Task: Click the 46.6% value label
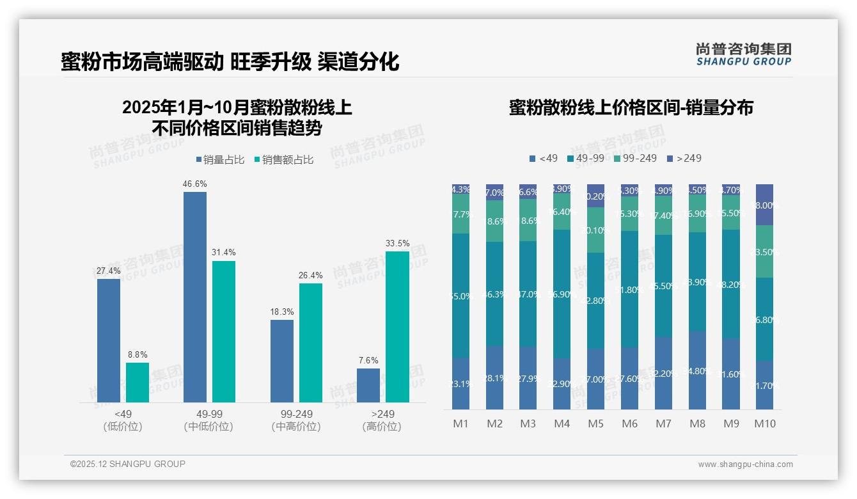click(195, 184)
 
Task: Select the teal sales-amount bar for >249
click(397, 326)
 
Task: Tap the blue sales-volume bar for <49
click(109, 340)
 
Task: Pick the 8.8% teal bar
click(138, 383)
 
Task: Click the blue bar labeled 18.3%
click(282, 361)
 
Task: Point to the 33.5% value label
click(397, 244)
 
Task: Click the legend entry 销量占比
click(220, 160)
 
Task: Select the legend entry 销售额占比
click(283, 160)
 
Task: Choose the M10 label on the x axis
click(764, 424)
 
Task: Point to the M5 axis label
click(595, 424)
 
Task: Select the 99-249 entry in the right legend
click(635, 158)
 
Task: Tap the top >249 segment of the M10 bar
click(764, 205)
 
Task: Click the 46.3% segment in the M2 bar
click(494, 294)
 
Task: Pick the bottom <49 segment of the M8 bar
click(696, 370)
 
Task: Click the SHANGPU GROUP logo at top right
click(743, 54)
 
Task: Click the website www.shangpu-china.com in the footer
click(745, 464)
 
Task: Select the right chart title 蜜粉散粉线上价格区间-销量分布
click(631, 107)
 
